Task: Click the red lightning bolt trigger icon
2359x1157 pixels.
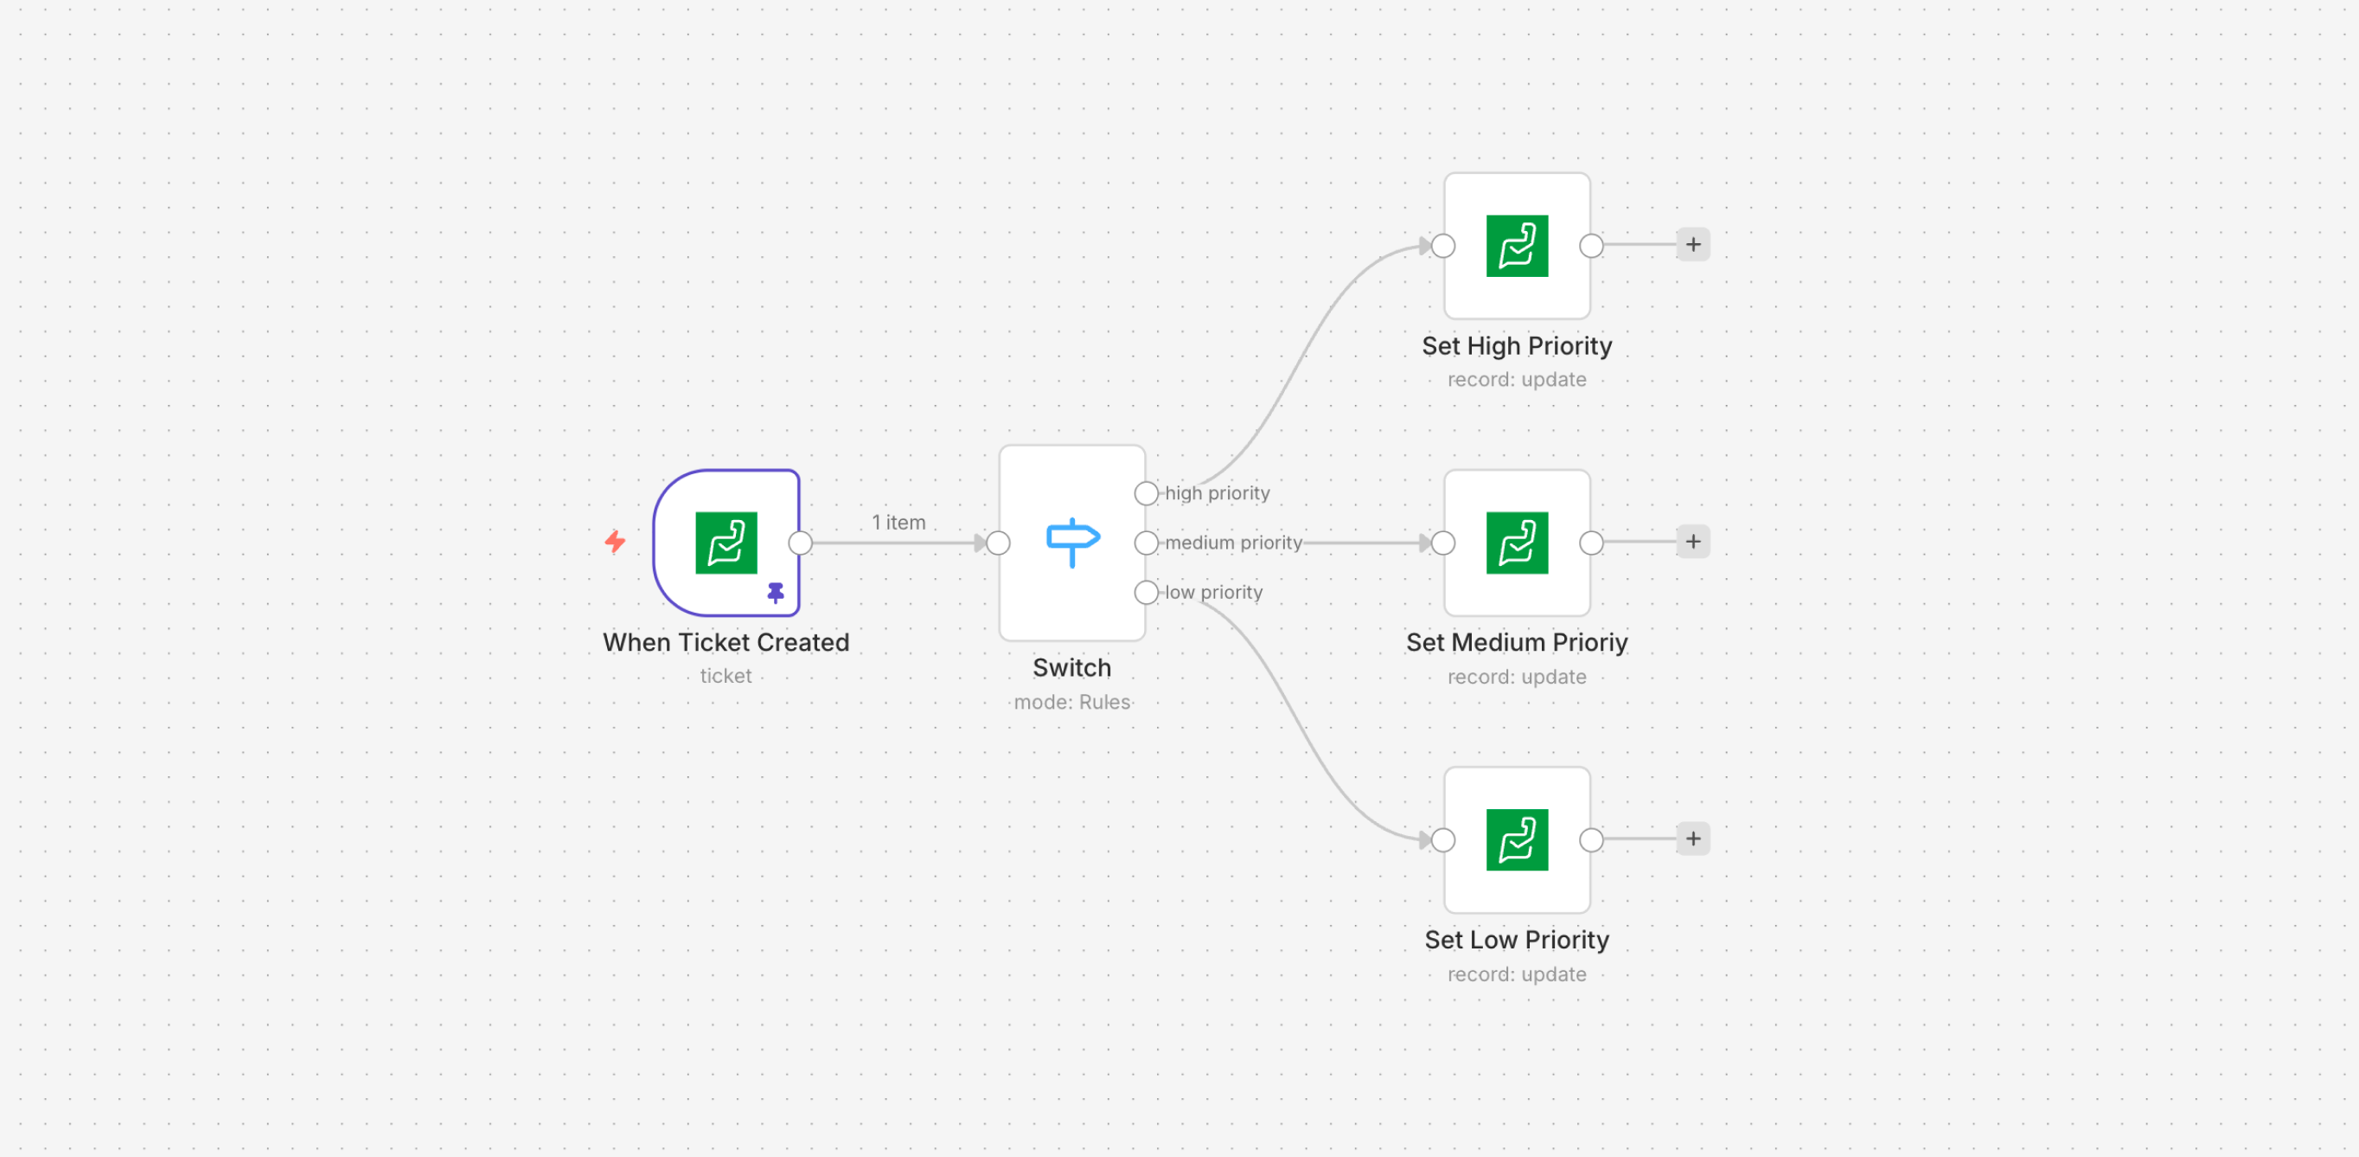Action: tap(615, 542)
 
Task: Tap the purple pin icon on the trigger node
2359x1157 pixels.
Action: tap(776, 593)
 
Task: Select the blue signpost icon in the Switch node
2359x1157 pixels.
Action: tap(1071, 542)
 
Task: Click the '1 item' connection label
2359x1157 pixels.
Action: tap(898, 522)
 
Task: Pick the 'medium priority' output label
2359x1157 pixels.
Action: tap(1232, 543)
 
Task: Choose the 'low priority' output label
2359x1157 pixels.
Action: tap(1212, 592)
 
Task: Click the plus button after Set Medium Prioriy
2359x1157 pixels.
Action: tap(1692, 542)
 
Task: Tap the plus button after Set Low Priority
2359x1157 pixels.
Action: tap(1692, 839)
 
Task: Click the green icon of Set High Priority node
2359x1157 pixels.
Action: tap(1517, 246)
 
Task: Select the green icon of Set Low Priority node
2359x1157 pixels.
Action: tap(1517, 839)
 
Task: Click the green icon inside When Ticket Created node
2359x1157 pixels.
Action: tap(726, 543)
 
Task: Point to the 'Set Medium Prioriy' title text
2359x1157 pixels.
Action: tap(1517, 642)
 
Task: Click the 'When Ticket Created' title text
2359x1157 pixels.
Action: tap(726, 642)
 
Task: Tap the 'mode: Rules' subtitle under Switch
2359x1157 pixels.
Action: tap(1071, 702)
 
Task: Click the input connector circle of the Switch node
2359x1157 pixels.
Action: tap(998, 543)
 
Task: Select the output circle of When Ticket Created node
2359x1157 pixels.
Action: tap(801, 543)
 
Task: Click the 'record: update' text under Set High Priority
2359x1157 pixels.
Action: tap(1517, 379)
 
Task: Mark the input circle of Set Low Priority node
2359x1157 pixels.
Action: tap(1443, 839)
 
